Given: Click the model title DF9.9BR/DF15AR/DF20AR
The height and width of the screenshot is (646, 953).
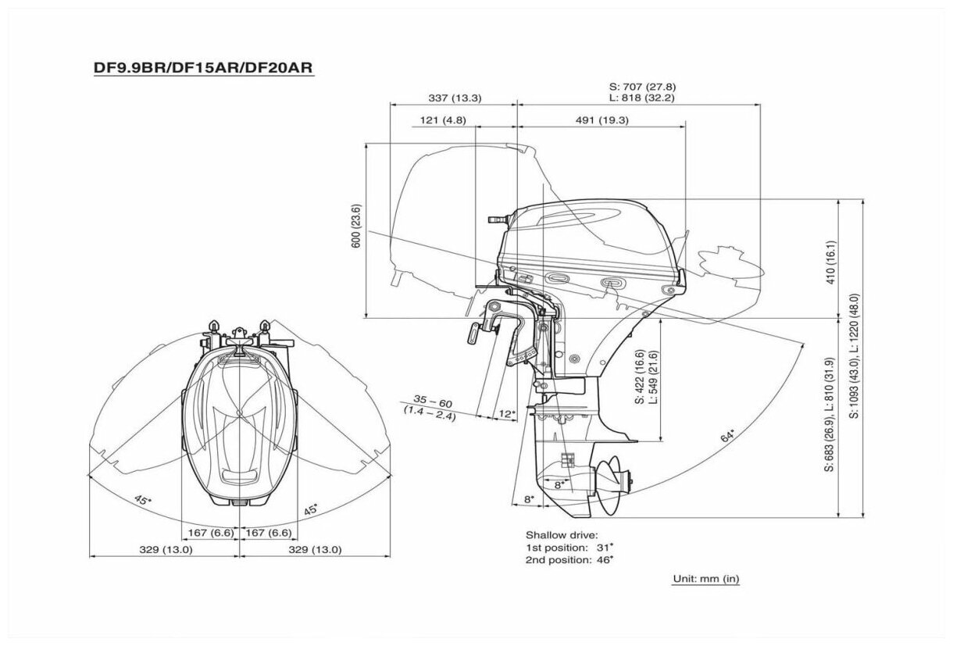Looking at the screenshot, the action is pos(203,68).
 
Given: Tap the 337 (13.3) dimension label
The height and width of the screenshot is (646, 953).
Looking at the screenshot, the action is pos(455,98).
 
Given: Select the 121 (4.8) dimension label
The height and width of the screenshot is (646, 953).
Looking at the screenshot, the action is pos(442,120).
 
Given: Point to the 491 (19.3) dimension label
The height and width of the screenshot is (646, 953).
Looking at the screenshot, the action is pos(601,120).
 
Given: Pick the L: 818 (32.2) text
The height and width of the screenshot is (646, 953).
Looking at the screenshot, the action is pos(642,98).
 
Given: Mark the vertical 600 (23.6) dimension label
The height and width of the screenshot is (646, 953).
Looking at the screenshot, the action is pos(356,227).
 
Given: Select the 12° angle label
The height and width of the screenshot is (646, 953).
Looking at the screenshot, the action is pos(508,412).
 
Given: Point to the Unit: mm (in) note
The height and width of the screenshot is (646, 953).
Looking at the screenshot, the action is pos(705,579).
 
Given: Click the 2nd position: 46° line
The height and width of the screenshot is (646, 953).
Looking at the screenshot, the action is pos(569,559).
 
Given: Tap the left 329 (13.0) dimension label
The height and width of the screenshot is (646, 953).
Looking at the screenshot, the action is pos(160,549).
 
